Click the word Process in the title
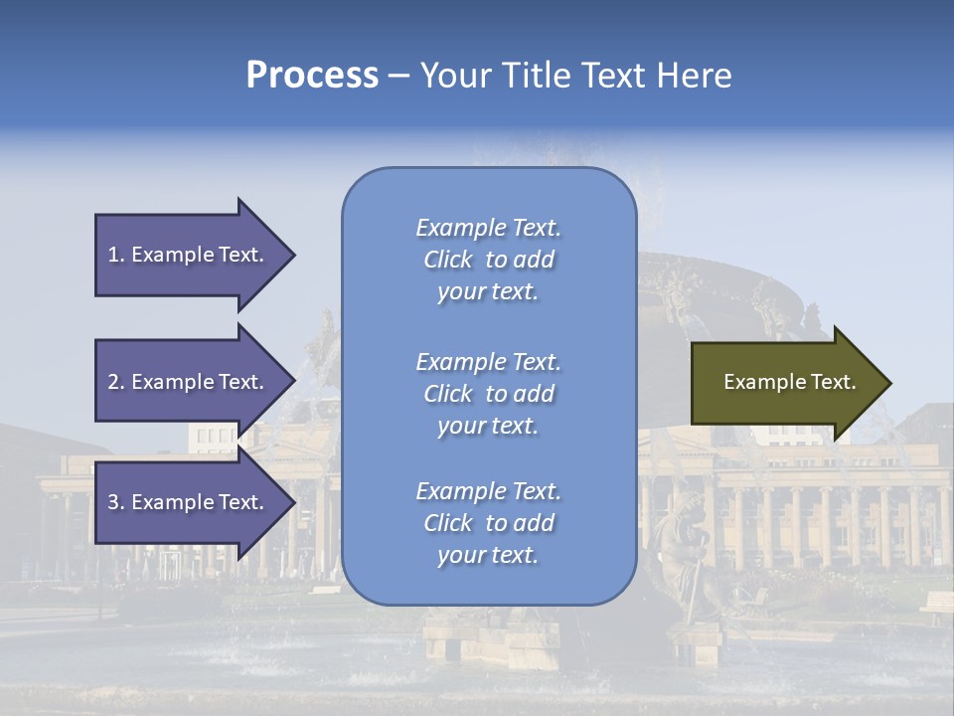click(x=312, y=76)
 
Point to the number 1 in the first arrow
click(x=113, y=255)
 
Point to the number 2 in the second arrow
click(x=113, y=382)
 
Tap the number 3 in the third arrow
click(x=113, y=502)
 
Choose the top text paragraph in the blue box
click(x=488, y=260)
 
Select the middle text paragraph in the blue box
click(x=488, y=394)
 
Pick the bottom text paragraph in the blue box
click(x=488, y=523)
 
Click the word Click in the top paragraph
click(x=447, y=260)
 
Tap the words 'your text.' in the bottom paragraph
click(x=488, y=555)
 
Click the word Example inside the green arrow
click(x=758, y=382)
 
